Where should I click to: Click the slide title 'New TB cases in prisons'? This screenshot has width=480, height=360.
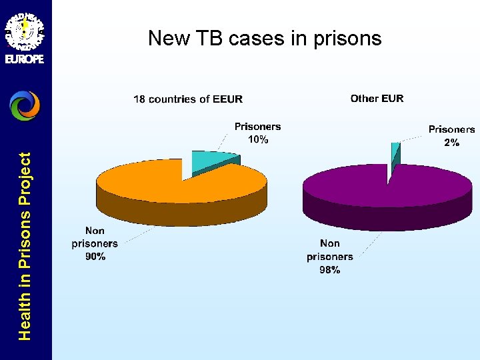[x=265, y=38]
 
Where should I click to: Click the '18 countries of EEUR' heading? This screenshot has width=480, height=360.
[x=188, y=99]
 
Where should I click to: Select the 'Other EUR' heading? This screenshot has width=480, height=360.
[x=377, y=98]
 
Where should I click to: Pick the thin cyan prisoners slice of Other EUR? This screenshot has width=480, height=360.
[x=395, y=153]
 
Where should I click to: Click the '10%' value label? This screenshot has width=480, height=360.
[x=258, y=139]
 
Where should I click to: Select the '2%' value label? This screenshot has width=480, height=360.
[x=451, y=143]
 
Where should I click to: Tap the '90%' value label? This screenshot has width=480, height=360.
[x=95, y=257]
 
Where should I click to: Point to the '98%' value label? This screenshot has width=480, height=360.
[x=330, y=269]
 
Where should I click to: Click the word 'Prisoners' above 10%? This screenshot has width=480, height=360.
[x=257, y=126]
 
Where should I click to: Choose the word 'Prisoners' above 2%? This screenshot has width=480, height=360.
[x=451, y=129]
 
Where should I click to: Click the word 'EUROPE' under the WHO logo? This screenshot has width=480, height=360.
[x=25, y=59]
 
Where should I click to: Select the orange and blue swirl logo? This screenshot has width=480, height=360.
[x=25, y=105]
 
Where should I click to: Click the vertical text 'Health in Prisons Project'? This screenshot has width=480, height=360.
[x=25, y=246]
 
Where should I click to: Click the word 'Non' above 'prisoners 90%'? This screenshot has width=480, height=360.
[x=95, y=231]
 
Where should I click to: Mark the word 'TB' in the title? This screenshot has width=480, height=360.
[x=212, y=38]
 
